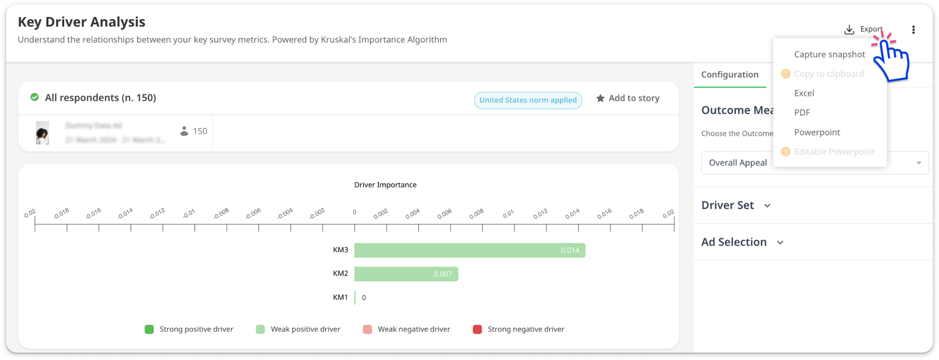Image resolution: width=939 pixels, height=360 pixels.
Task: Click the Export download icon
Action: coord(849,30)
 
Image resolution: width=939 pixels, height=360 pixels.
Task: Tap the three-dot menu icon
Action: coord(913,30)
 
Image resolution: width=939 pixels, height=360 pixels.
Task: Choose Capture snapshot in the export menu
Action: coord(829,55)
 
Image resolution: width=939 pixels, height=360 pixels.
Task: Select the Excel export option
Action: coord(804,93)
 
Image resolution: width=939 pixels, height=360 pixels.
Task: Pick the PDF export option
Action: coord(802,112)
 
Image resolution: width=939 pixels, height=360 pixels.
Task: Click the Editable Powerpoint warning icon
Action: coord(785,152)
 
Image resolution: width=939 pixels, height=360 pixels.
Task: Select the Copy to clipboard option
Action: coord(829,74)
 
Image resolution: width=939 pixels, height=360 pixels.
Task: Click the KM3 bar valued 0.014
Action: coord(469,250)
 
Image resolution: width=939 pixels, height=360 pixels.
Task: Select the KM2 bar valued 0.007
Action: coord(406,274)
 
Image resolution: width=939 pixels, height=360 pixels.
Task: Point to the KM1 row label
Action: coord(340,297)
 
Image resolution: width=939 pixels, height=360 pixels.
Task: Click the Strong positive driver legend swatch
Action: coord(149,329)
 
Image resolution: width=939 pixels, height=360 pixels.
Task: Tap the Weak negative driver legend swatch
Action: coord(367,329)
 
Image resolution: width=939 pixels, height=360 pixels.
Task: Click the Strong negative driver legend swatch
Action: coord(477,329)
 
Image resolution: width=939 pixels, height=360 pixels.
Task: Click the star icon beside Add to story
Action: coord(600,98)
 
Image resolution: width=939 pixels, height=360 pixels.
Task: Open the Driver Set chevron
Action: coord(767,205)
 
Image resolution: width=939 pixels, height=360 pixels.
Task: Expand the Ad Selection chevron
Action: coord(780,242)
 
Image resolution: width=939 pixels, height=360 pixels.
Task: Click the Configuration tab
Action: coord(729,74)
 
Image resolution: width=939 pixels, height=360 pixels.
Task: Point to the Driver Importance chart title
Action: coord(385,185)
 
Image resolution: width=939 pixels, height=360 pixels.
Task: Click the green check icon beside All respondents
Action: coord(34,97)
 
